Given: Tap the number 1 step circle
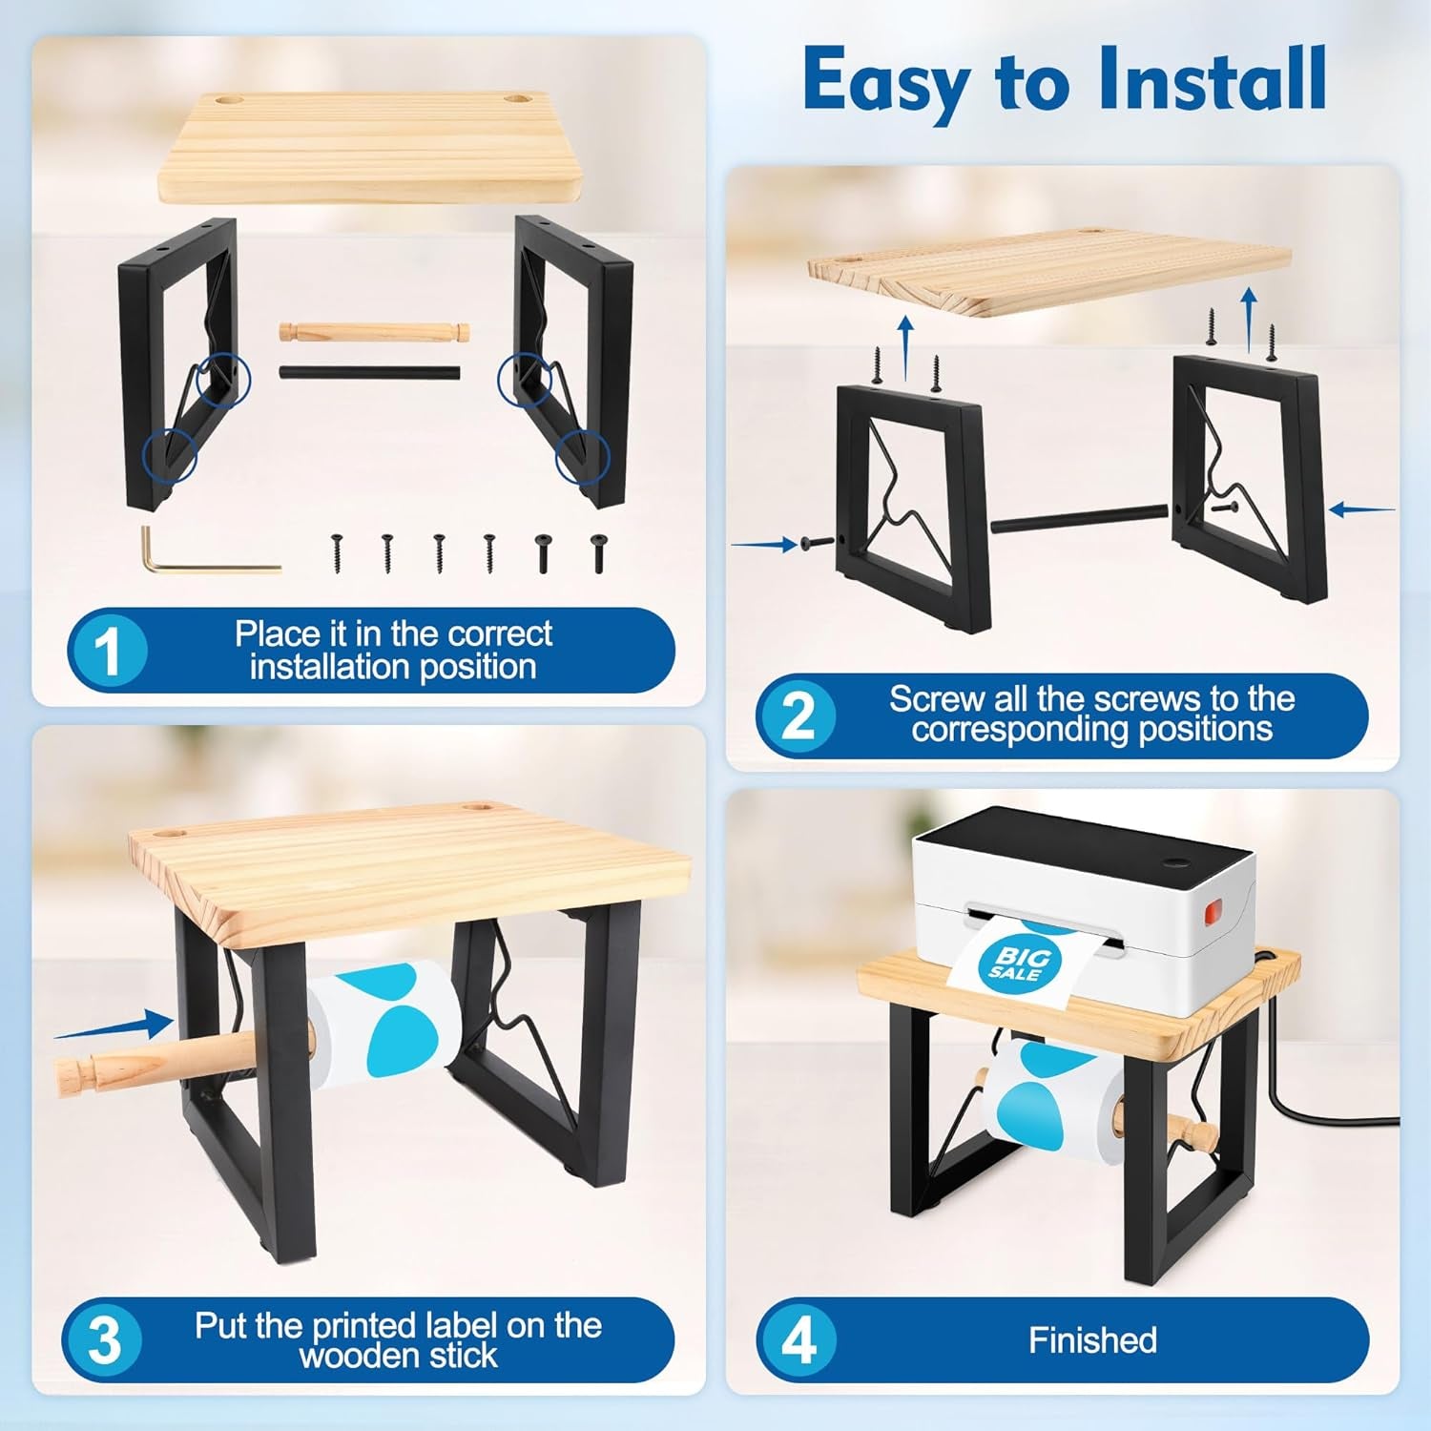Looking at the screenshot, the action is click(108, 651).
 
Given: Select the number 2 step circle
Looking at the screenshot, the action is click(798, 715).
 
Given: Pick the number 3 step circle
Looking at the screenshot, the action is click(104, 1339).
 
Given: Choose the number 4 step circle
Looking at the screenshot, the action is click(798, 1339).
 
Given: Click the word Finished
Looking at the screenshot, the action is click(1092, 1340).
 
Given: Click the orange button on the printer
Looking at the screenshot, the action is click(1212, 913).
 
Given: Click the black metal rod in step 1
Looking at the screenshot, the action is click(369, 372).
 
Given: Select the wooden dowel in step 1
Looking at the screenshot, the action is click(374, 333).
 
